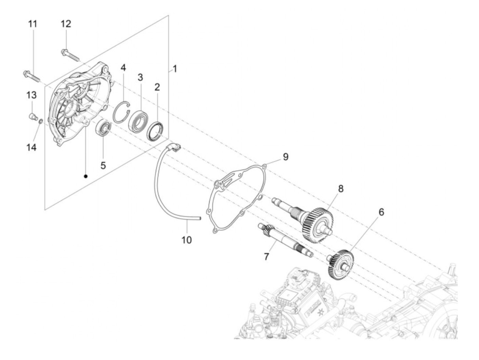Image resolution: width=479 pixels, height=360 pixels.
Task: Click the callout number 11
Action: tap(33, 24)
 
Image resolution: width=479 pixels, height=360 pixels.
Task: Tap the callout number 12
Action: tap(66, 24)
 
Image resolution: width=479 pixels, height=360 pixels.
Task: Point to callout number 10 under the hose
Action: tap(186, 240)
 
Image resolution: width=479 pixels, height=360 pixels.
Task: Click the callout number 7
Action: tap(266, 256)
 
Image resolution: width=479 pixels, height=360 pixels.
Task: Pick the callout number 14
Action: tap(31, 147)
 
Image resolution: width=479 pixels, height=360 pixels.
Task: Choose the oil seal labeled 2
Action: tap(156, 130)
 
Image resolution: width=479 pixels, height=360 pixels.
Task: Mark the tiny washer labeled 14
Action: tap(40, 121)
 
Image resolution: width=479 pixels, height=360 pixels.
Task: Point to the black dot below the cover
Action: tap(86, 176)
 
